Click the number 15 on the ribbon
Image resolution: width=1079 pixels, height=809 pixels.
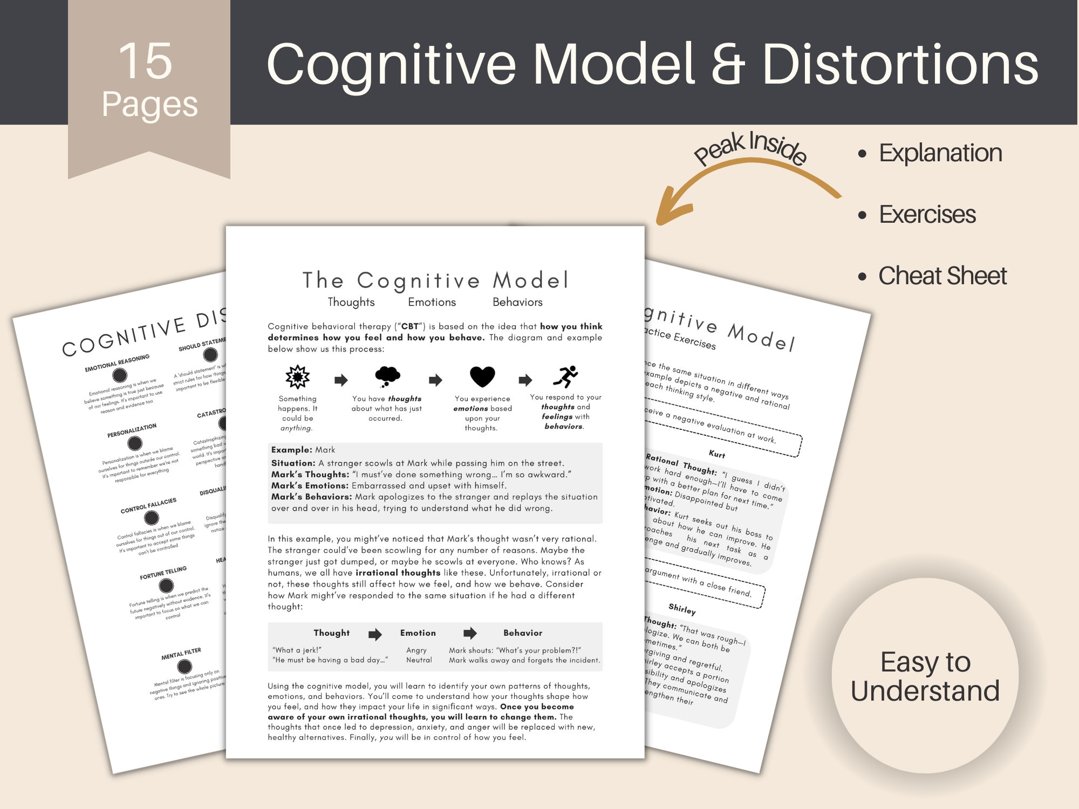(x=145, y=61)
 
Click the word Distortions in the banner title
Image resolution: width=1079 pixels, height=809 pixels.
(x=900, y=65)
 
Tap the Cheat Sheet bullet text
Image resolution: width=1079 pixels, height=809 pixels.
(x=942, y=276)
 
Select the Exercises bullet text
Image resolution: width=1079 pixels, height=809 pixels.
(x=927, y=214)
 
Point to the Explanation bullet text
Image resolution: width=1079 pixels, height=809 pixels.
(x=940, y=153)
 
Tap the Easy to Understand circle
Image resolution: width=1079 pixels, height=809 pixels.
(x=925, y=676)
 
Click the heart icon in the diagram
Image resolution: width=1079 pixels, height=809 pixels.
(x=482, y=376)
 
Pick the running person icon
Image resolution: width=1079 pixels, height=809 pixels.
(x=565, y=376)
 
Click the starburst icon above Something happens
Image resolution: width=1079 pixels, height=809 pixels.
(x=297, y=376)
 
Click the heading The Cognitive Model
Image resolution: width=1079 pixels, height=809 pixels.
(x=435, y=280)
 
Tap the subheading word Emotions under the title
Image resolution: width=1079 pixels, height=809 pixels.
(x=432, y=302)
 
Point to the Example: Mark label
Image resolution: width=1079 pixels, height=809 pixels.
(x=303, y=450)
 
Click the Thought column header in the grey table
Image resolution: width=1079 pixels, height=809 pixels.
(x=331, y=633)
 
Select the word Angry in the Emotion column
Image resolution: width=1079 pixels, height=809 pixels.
(x=416, y=650)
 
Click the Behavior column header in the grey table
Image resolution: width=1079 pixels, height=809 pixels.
(x=522, y=633)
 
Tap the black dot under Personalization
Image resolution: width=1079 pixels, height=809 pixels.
(x=134, y=443)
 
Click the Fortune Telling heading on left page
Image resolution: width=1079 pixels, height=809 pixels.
(x=163, y=573)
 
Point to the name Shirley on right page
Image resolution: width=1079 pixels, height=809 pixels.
(x=682, y=609)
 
